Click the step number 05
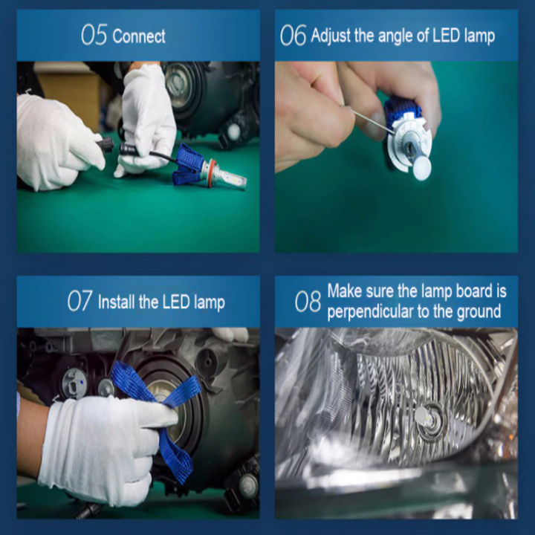pos(94,34)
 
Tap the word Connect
pos(139,36)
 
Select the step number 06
pos(293,35)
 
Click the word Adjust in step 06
pos(330,36)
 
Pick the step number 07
pos(80,301)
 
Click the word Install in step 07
pos(117,302)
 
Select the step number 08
pos(308,301)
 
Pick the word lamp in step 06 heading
pos(479,37)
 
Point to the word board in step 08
pos(473,291)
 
